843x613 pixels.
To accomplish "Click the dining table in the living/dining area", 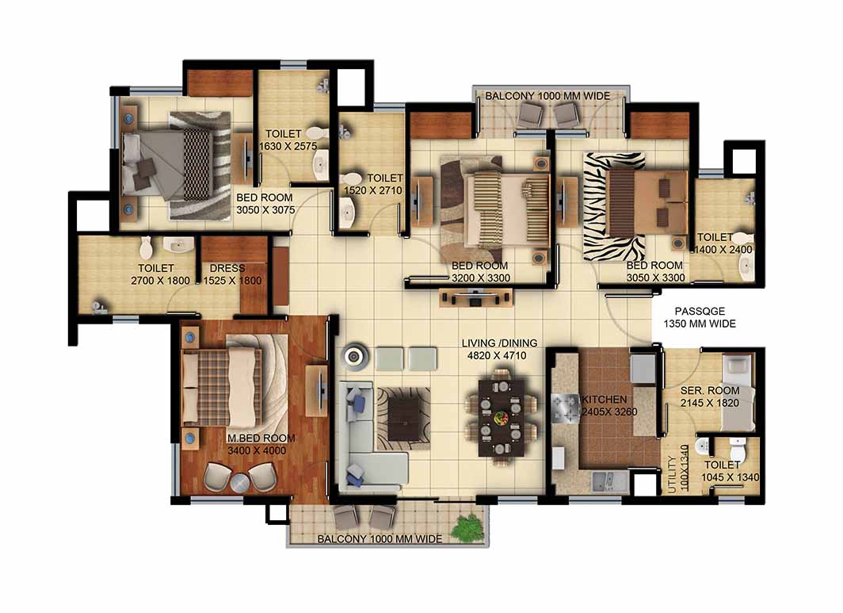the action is tap(502, 418).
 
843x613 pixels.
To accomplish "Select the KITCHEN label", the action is tap(605, 400).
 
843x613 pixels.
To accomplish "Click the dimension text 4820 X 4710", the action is tap(497, 355).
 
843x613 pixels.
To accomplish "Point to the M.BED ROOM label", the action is tap(261, 438).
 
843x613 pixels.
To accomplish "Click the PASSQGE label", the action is tap(700, 311).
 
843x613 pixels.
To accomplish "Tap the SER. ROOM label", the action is tap(710, 390).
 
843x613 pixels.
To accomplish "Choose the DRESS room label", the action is tap(227, 268).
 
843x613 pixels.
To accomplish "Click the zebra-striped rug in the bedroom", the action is tap(615, 207).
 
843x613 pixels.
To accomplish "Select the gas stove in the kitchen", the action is tap(565, 408).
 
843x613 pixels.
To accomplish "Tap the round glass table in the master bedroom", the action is tap(240, 482).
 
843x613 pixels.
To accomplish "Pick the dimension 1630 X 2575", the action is tap(288, 146).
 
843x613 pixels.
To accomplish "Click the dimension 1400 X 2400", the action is tap(723, 250).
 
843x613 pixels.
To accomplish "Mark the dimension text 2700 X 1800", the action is tap(160, 281).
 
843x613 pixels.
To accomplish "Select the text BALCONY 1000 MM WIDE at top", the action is tap(547, 96).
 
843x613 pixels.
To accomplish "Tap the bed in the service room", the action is tap(738, 392).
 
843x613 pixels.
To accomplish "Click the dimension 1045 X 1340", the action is tap(730, 477).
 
